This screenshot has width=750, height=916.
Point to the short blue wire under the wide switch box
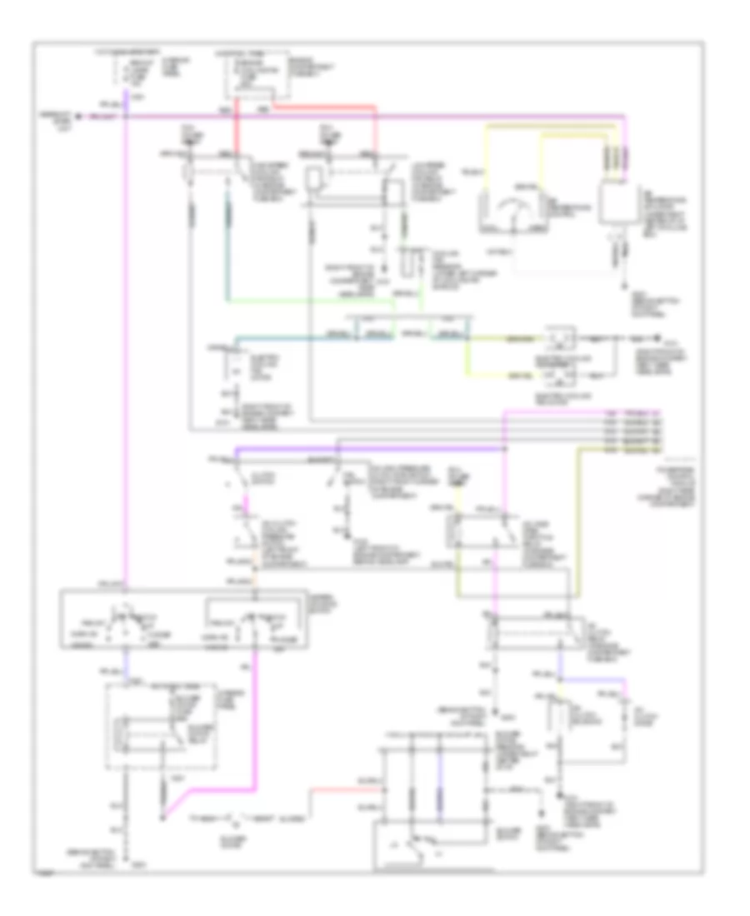(125, 662)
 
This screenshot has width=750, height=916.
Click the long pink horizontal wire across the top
(375, 116)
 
